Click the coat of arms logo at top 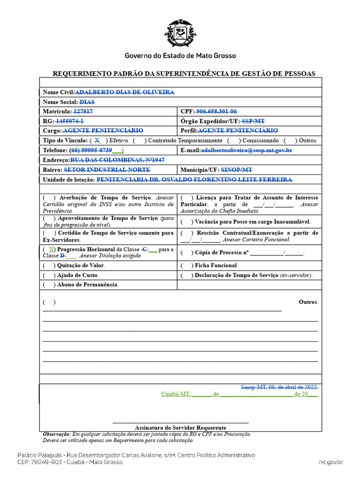coord(180,34)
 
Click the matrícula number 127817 coord(83,112)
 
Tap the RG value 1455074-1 coord(70,121)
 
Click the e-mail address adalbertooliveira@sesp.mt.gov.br coord(247,150)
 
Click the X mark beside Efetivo coord(97,140)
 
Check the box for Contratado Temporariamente coord(139,140)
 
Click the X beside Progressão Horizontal coord(51,249)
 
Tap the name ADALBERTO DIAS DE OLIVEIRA coord(125,92)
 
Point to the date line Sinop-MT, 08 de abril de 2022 coord(279,387)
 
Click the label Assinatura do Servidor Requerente coord(180,427)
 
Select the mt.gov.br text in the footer coord(331,462)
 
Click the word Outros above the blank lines coord(308,302)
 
